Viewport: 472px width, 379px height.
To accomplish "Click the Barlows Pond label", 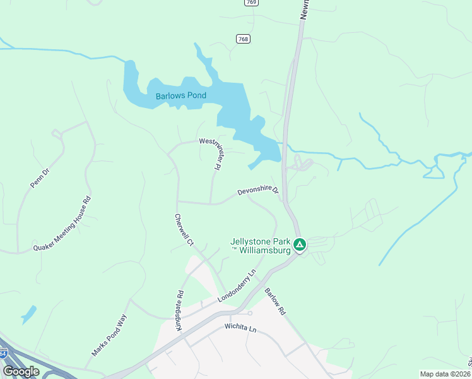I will tap(181, 96).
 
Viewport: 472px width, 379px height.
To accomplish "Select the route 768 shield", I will tap(243, 39).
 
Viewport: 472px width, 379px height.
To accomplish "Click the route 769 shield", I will tap(252, 3).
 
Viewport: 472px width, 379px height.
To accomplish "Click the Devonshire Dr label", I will tap(258, 191).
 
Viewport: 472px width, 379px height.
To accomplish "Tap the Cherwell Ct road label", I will tap(183, 229).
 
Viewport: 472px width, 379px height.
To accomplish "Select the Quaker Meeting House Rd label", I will tap(62, 224).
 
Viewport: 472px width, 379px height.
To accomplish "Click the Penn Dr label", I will tap(39, 177).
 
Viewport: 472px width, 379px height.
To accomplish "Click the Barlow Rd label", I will tap(276, 302).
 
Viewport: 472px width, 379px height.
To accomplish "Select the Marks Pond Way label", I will tap(109, 335).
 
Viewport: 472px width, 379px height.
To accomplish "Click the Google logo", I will tap(21, 371).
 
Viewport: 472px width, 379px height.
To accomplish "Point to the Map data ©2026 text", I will tap(445, 374).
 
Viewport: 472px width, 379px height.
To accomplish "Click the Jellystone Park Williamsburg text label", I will tap(260, 246).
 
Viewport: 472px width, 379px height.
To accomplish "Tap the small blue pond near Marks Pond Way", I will tap(28, 314).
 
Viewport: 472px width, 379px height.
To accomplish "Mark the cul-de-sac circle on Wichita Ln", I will tap(250, 313).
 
